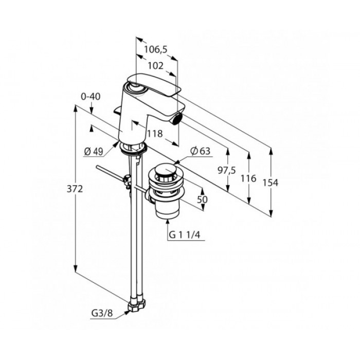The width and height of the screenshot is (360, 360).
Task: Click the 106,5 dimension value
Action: pos(156,49)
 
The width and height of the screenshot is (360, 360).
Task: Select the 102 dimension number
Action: pos(155,66)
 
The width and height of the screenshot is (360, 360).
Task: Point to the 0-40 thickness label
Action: pos(91,97)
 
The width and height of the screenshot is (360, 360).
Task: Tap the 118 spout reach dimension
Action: pos(155,133)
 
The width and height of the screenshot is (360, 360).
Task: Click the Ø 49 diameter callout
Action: pos(94,152)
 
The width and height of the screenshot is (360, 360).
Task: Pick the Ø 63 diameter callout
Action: pos(200,151)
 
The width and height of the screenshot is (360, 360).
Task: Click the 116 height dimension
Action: pos(248,178)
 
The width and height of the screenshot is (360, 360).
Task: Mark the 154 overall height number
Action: pos(270,183)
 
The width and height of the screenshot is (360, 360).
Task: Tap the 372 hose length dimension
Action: pos(75,189)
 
